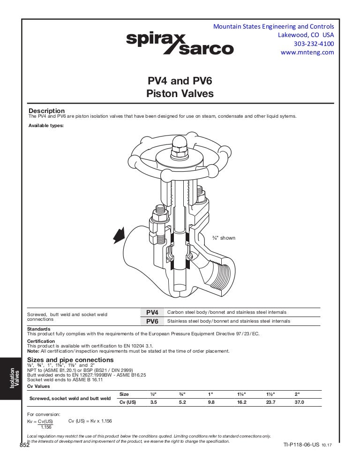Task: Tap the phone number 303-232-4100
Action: pos(314,44)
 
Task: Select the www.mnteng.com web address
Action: pos(307,53)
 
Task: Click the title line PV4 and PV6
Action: pos(180,81)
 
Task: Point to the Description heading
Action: pos(46,111)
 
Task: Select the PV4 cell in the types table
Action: pos(152,312)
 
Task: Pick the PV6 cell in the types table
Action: pos(152,321)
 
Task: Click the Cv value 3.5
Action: pos(153,402)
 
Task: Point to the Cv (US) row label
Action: pos(127,402)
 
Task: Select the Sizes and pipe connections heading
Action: pos(70,360)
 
